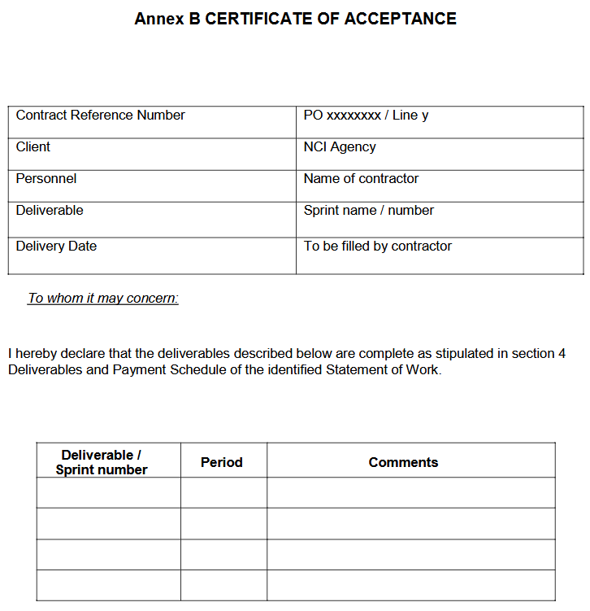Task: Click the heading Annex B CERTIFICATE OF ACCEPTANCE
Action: [295, 19]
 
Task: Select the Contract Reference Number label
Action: [100, 116]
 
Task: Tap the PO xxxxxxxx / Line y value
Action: [366, 116]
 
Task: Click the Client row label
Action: [33, 147]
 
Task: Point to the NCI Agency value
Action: [340, 147]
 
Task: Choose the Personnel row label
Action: [46, 179]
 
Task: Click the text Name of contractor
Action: [361, 179]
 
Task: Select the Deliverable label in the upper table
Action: [50, 211]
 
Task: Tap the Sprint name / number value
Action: [368, 211]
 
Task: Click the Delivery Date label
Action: [56, 247]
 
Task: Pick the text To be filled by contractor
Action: [377, 247]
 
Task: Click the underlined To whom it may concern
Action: [103, 299]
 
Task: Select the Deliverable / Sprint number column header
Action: [102, 462]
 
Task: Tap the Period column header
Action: [222, 462]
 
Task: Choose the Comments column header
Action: [403, 462]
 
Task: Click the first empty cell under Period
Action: [223, 492]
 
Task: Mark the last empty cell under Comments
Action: [410, 585]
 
